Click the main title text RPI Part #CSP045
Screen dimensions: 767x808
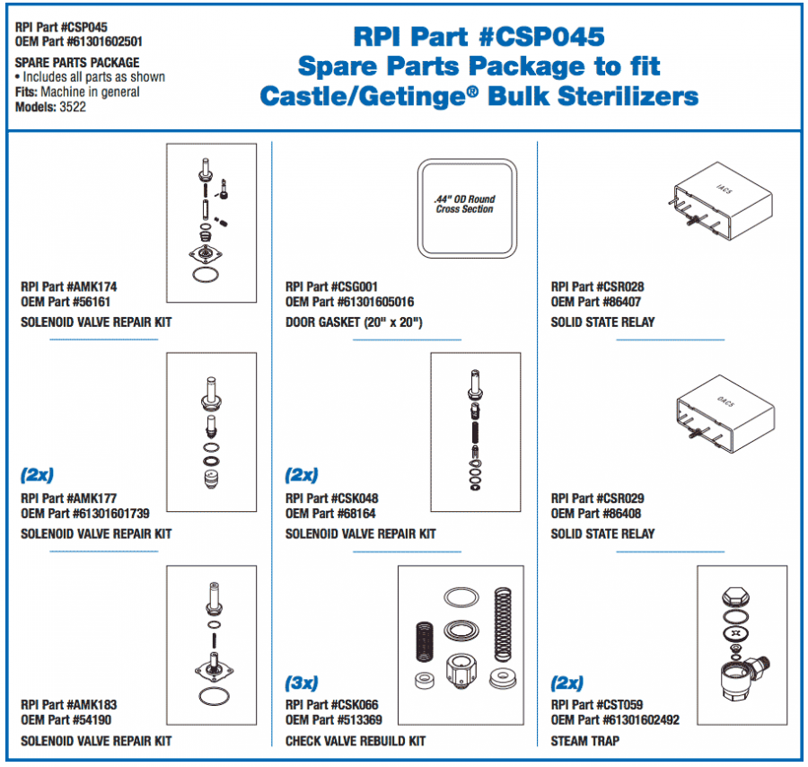coord(478,36)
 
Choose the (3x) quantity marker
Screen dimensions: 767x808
coord(302,683)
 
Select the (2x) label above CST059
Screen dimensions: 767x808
coord(566,683)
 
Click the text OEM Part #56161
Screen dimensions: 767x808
coord(66,302)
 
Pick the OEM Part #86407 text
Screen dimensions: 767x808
coord(596,302)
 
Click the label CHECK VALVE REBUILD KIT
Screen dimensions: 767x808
coord(356,741)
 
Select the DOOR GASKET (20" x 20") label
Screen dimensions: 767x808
coord(354,322)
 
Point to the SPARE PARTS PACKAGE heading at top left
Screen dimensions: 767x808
coord(77,63)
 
